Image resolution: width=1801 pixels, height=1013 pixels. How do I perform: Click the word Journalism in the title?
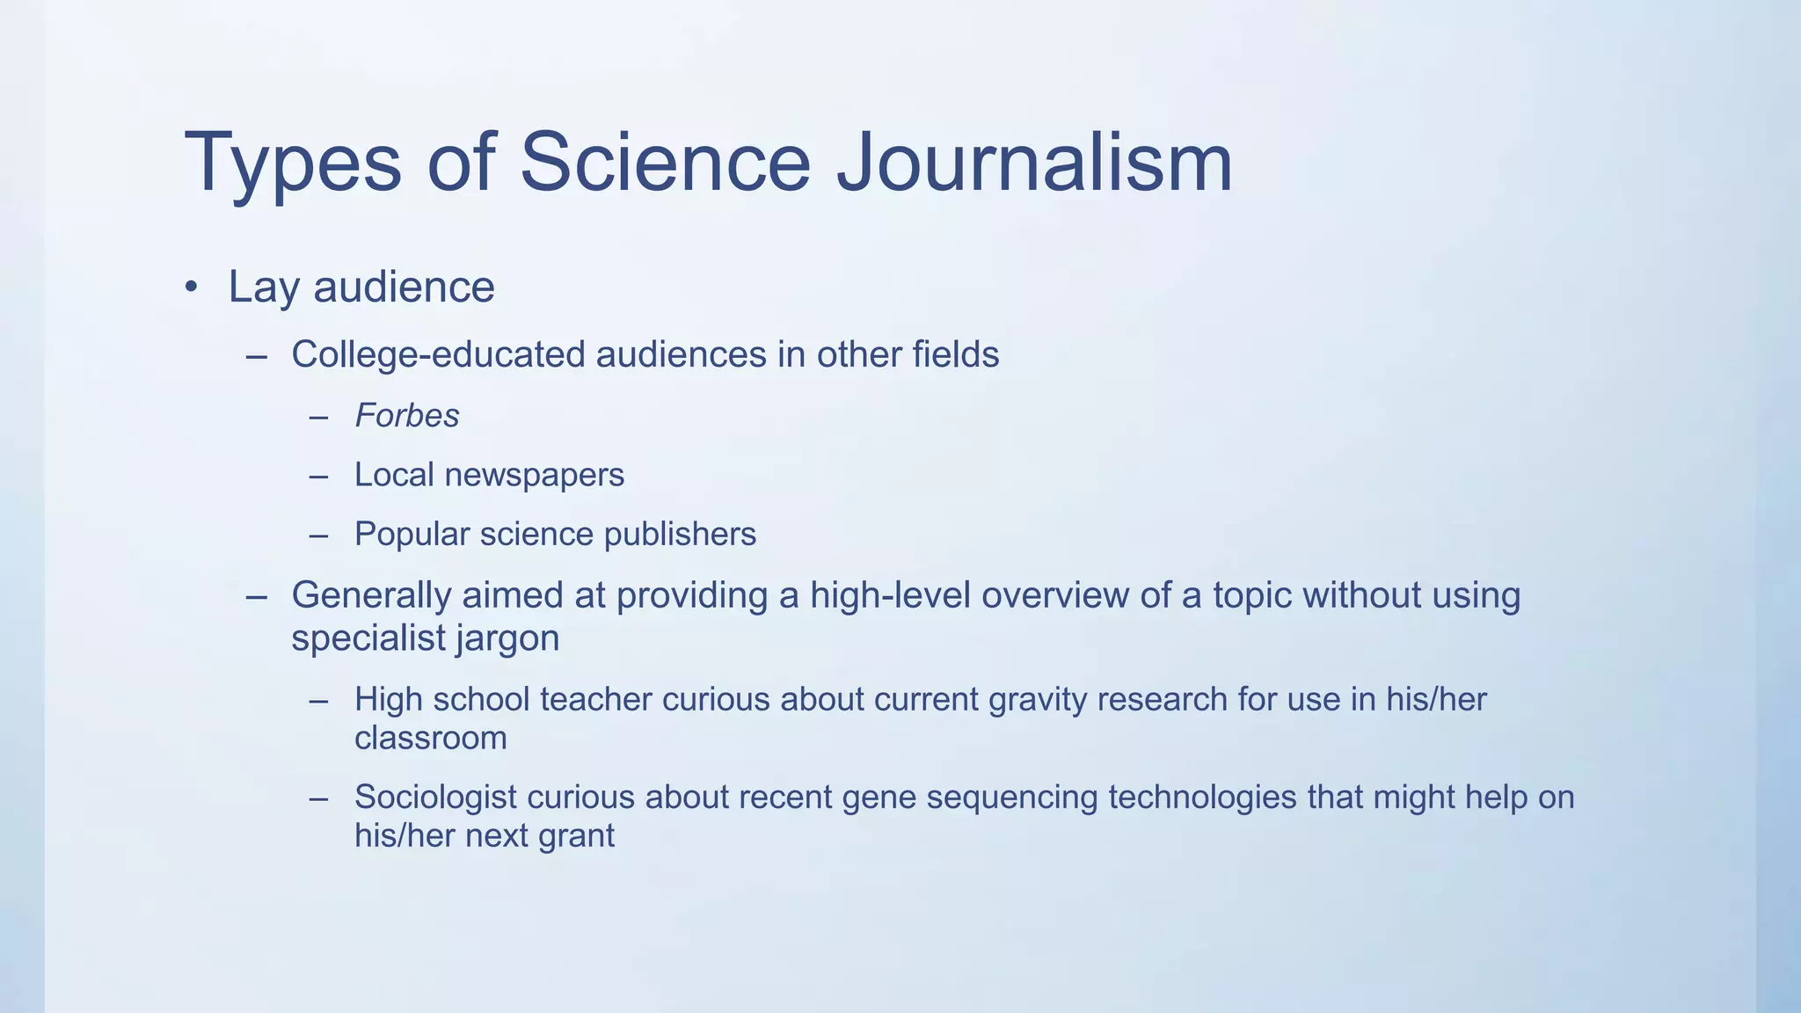point(1034,163)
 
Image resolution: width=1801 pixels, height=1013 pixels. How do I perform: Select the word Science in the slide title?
point(665,163)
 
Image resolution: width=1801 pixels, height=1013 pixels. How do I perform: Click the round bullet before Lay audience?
point(192,288)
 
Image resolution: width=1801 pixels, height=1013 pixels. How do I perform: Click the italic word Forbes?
point(407,416)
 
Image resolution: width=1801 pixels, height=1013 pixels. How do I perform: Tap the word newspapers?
point(535,476)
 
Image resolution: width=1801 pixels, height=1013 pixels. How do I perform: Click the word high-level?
point(890,595)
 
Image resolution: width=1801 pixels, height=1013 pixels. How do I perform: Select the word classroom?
point(431,739)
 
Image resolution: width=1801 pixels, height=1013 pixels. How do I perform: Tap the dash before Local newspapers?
point(318,477)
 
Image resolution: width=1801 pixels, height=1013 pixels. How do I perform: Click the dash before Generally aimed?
point(256,597)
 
